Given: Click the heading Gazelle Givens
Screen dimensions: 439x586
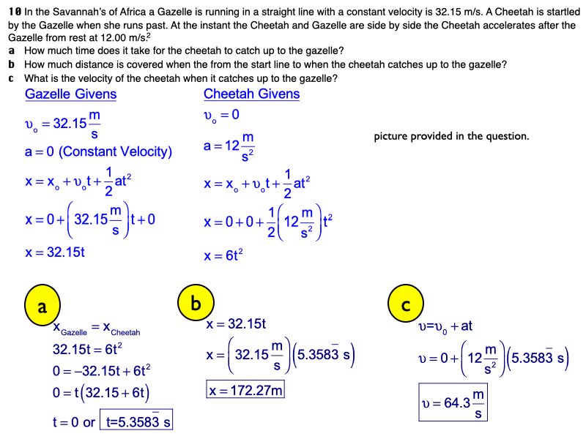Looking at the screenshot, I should pyautogui.click(x=70, y=94).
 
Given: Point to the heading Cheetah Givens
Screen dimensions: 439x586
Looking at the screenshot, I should pyautogui.click(x=251, y=94).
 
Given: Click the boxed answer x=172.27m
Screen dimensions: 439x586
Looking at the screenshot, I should pyautogui.click(x=245, y=390).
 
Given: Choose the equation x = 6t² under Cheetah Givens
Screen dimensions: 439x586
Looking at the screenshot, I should pyautogui.click(x=223, y=257).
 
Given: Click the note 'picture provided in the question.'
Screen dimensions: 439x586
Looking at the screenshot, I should pyautogui.click(x=450, y=136).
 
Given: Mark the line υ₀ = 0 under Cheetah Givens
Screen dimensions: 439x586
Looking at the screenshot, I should pyautogui.click(x=221, y=116).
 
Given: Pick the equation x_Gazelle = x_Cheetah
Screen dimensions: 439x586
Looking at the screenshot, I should pyautogui.click(x=96, y=331).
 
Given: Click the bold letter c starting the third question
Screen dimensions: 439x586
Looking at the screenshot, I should pyautogui.click(x=12, y=78).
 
